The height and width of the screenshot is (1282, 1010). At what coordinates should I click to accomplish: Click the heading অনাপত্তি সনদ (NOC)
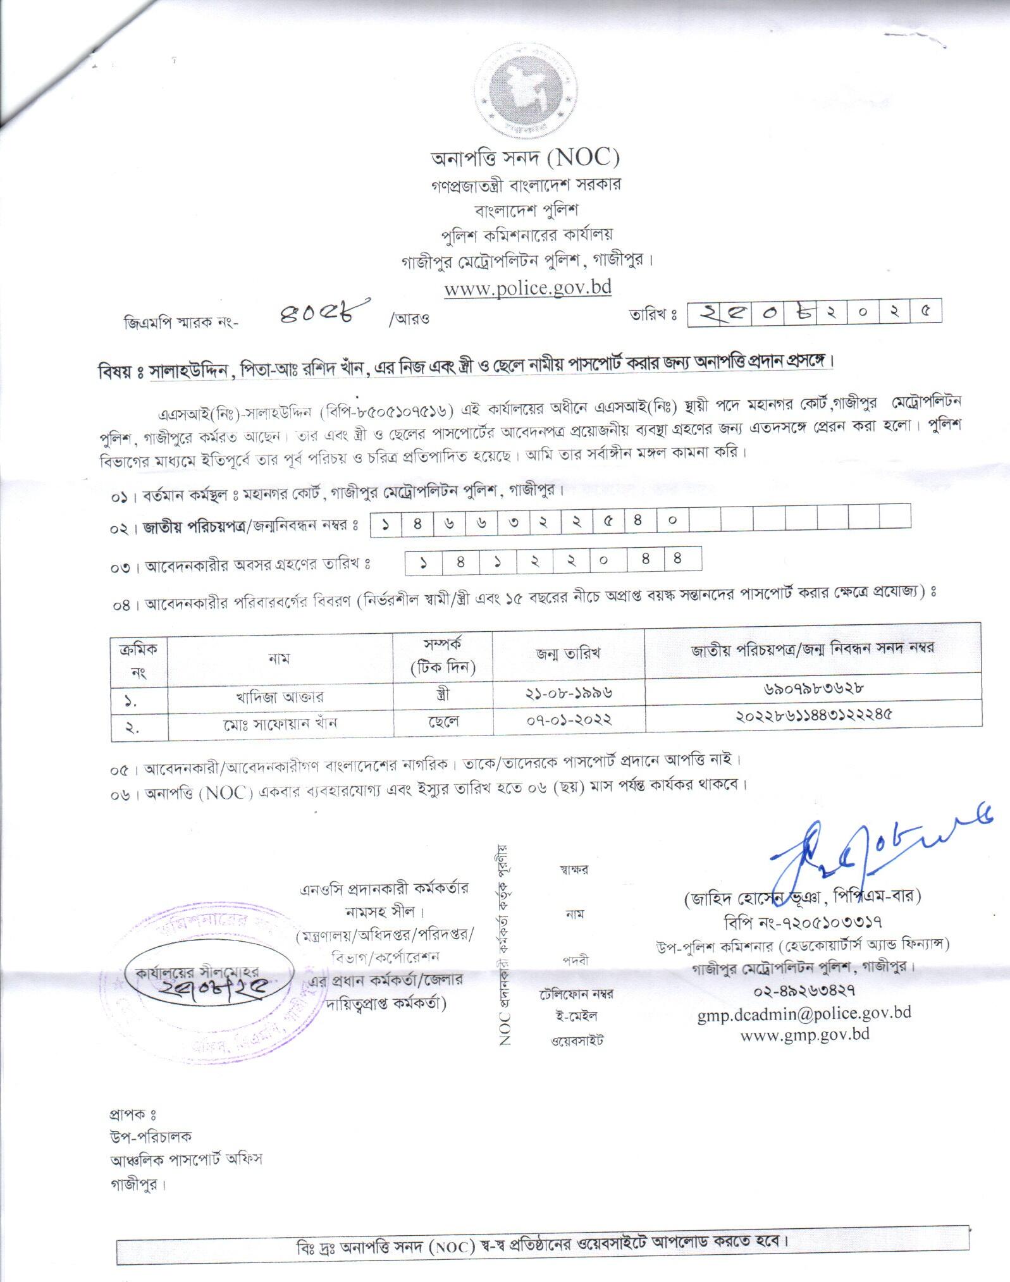pyautogui.click(x=526, y=157)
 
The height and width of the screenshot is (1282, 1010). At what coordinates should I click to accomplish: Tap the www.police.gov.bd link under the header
pyautogui.click(x=527, y=288)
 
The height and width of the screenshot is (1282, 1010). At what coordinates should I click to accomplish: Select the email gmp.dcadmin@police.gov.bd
pyautogui.click(x=804, y=1012)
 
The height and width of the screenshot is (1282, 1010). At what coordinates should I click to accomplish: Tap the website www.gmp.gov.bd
pyautogui.click(x=804, y=1034)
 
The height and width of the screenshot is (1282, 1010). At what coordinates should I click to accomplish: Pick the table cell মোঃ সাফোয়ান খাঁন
pyautogui.click(x=280, y=723)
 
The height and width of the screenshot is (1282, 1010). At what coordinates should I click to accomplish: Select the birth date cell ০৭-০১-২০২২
pyautogui.click(x=569, y=719)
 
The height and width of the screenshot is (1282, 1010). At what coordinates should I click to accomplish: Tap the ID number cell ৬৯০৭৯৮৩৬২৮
pyautogui.click(x=812, y=687)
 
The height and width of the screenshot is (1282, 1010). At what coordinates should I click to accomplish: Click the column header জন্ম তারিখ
pyautogui.click(x=569, y=653)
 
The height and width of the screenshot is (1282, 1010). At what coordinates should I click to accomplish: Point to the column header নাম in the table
pyautogui.click(x=280, y=658)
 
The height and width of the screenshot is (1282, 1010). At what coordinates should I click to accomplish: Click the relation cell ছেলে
pyautogui.click(x=443, y=721)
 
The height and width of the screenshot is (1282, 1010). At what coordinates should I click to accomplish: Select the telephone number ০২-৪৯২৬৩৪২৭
pyautogui.click(x=804, y=989)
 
